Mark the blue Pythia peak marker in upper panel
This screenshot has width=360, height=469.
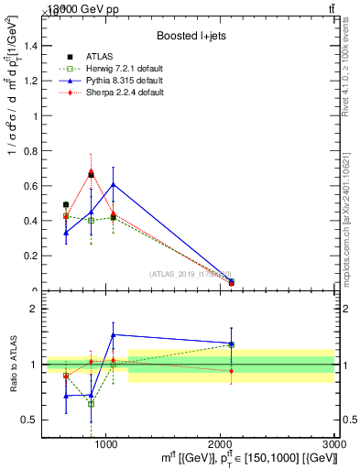coord(113,184)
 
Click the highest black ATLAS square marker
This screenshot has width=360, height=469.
coord(91,174)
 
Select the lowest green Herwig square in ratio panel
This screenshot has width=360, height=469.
coord(91,403)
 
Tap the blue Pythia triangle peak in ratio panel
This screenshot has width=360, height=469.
coord(113,334)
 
